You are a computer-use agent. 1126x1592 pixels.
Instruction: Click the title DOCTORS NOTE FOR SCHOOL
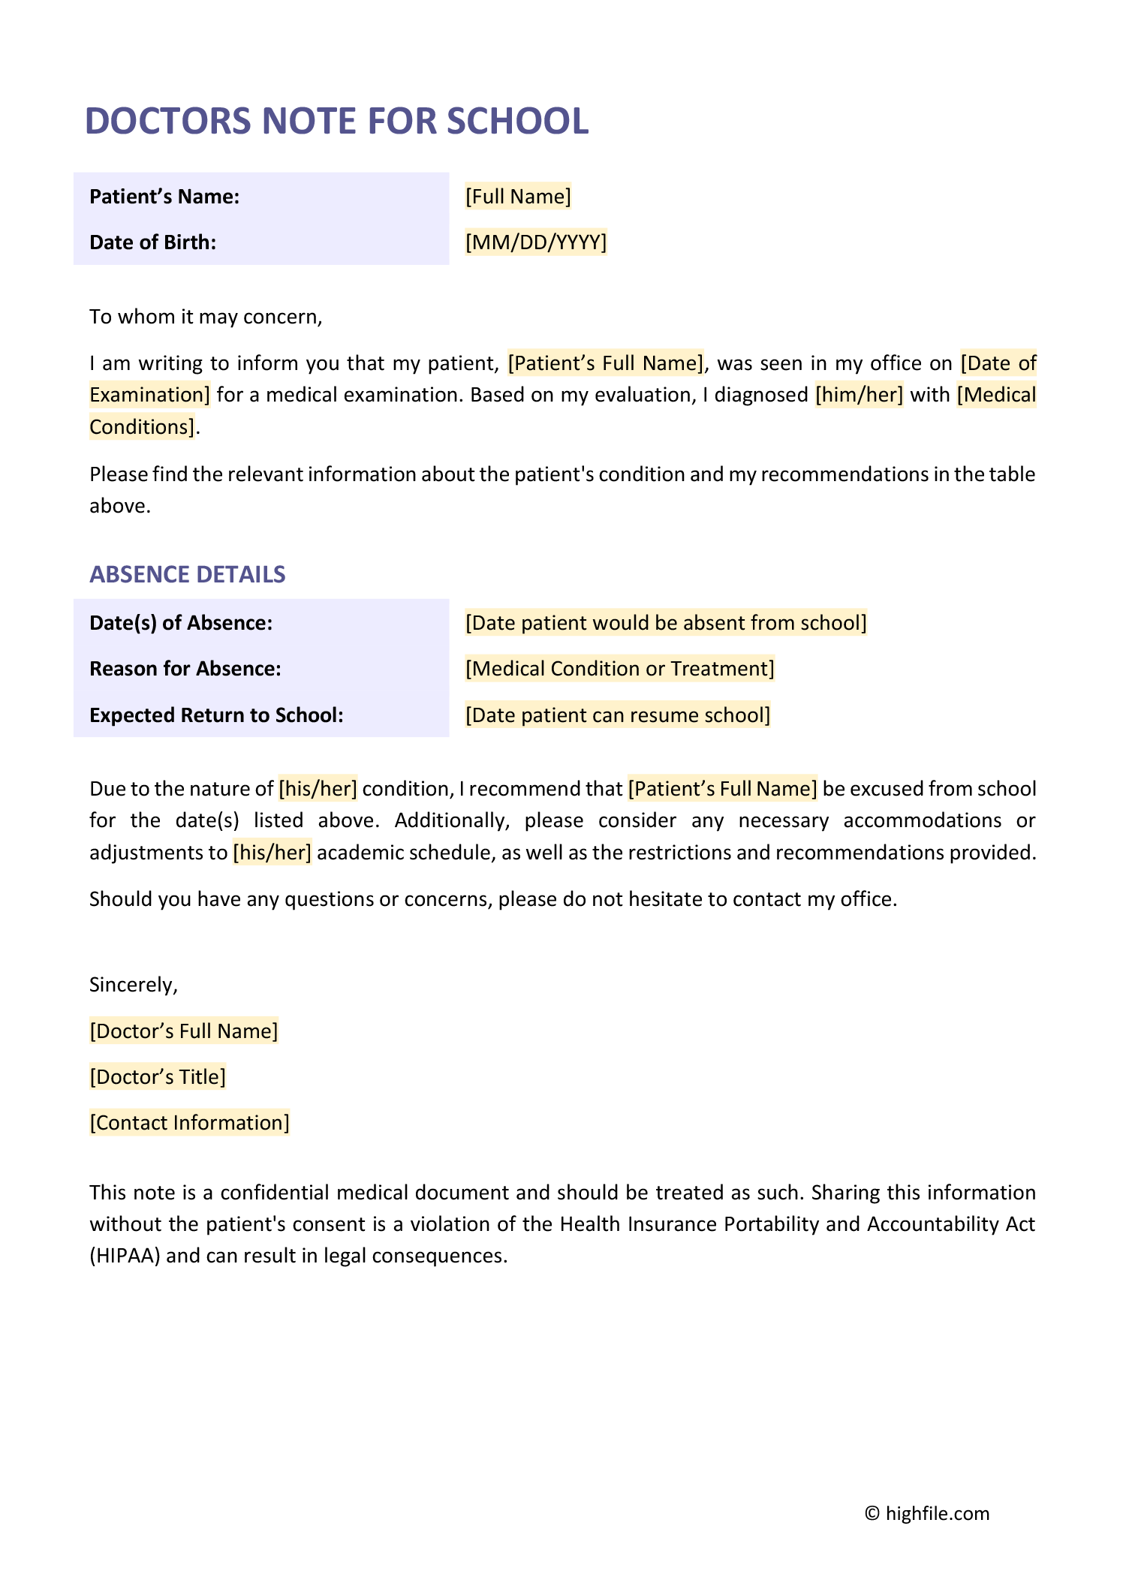(x=336, y=121)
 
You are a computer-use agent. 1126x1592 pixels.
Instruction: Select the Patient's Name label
(x=164, y=197)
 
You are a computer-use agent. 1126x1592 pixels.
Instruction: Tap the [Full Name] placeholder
(x=518, y=197)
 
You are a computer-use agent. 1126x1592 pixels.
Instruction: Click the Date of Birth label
(x=152, y=242)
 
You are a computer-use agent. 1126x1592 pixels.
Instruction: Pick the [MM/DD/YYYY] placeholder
(x=535, y=242)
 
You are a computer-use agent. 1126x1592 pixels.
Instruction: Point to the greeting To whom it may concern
(x=206, y=317)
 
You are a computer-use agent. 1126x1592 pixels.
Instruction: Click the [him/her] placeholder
(x=860, y=395)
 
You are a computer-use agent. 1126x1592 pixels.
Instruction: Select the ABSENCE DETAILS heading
(x=188, y=574)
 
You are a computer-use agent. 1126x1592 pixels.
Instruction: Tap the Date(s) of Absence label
(x=181, y=623)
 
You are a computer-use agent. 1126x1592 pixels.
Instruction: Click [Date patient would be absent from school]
(x=666, y=623)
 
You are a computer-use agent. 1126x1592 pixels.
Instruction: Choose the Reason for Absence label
(x=185, y=669)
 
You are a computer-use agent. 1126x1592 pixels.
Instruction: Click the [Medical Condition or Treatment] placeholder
(x=619, y=669)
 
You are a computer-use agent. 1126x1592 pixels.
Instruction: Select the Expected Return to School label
(x=216, y=715)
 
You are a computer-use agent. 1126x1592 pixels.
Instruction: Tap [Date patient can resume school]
(x=618, y=715)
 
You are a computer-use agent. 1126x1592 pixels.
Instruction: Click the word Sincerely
(x=134, y=985)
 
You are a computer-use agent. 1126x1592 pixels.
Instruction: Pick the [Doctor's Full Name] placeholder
(x=184, y=1031)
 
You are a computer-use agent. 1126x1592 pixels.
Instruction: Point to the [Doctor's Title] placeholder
(x=158, y=1077)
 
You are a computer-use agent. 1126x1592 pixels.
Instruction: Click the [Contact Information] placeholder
(x=189, y=1123)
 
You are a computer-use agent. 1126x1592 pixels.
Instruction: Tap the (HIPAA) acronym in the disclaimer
(x=125, y=1256)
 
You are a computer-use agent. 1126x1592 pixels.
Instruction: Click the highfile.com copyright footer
(x=927, y=1513)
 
